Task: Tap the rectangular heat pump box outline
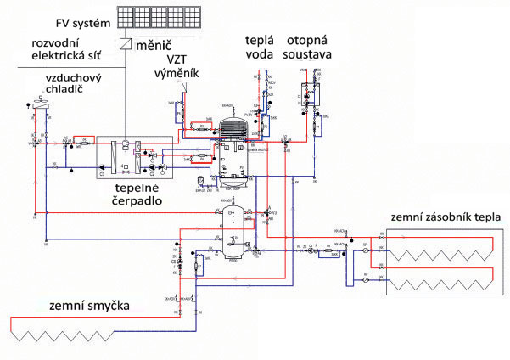click(136, 157)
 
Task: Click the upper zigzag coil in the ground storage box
click(441, 251)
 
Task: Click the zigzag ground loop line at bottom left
click(93, 334)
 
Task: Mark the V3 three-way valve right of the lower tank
click(269, 211)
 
